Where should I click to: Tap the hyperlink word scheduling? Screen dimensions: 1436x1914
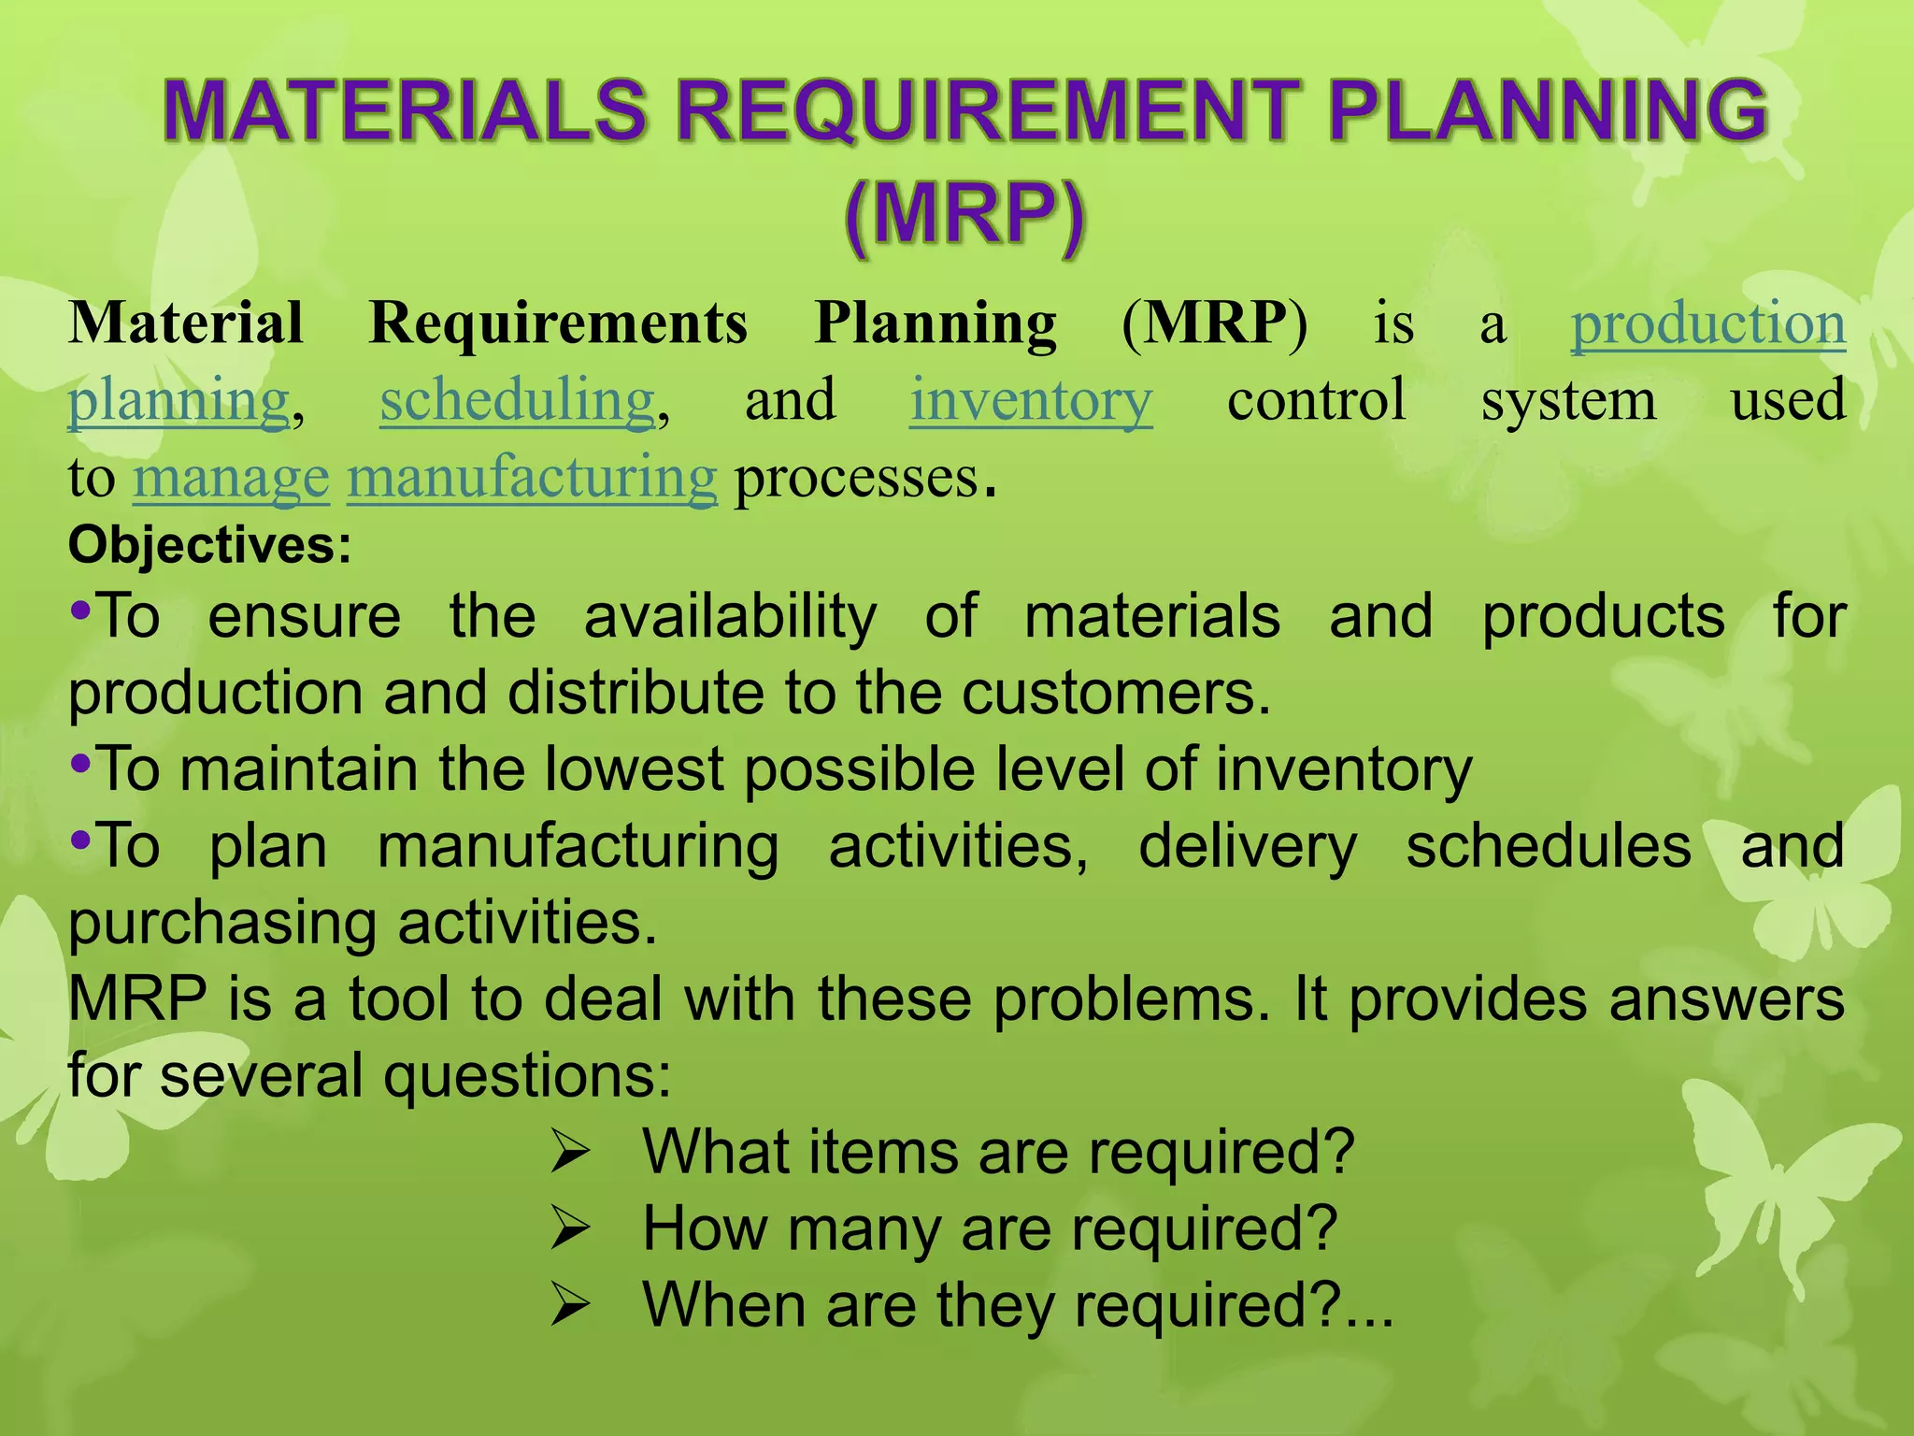518,400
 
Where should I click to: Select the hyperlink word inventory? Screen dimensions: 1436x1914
1031,400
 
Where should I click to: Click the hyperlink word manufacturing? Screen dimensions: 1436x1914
532,478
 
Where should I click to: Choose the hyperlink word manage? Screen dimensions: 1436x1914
231,478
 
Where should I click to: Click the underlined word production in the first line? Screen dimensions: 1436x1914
1707,323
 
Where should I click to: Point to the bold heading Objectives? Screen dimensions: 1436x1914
210,546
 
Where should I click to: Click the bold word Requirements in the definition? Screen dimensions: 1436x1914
558,323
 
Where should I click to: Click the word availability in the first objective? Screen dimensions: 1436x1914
730,617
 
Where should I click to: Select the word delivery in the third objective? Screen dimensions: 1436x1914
1248,847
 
